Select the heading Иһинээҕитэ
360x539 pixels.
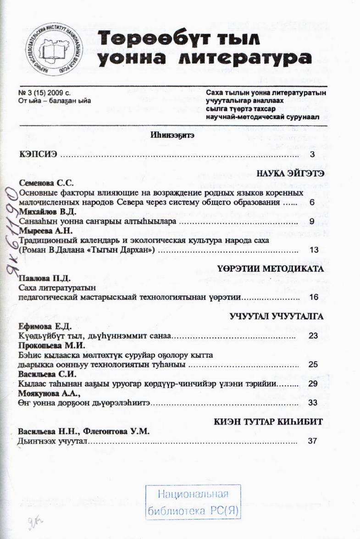(x=172, y=135)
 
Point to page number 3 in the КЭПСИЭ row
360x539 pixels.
(x=312, y=154)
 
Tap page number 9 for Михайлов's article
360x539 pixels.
(x=312, y=222)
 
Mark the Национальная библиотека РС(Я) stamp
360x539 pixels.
(x=193, y=502)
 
